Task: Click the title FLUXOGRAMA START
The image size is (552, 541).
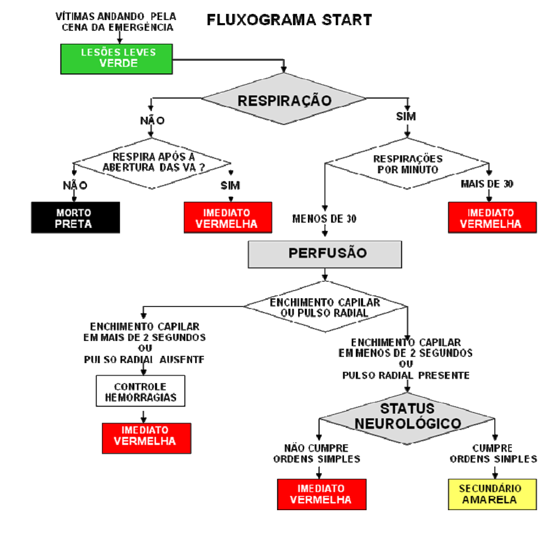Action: [x=289, y=20]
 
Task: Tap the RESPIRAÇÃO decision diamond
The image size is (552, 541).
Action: [x=284, y=100]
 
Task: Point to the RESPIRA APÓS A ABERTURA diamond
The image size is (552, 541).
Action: [x=152, y=162]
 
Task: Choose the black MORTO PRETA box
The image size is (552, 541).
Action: [x=75, y=217]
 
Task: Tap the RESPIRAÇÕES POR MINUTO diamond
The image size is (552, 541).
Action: [x=407, y=164]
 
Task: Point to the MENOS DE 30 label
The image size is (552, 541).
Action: [x=324, y=218]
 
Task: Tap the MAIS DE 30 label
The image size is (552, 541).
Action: [x=487, y=184]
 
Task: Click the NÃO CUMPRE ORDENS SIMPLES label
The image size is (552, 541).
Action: [x=317, y=453]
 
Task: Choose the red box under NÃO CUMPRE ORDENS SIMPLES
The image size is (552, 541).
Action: [x=322, y=494]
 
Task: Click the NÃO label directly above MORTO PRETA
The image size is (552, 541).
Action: [x=75, y=185]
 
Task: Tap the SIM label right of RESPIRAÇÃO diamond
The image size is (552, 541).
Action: [x=406, y=117]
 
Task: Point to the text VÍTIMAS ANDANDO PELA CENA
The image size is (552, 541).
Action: [x=116, y=22]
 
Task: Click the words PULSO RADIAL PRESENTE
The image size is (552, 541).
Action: [x=406, y=376]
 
